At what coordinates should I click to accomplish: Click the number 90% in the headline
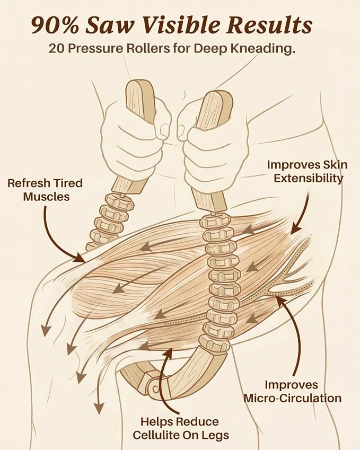click(55, 25)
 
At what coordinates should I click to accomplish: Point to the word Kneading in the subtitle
click(262, 49)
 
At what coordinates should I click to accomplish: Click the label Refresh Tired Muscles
click(46, 190)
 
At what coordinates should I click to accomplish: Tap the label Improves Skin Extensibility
click(307, 171)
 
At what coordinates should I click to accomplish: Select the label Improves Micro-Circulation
click(292, 392)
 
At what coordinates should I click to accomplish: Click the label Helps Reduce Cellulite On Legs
click(181, 428)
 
